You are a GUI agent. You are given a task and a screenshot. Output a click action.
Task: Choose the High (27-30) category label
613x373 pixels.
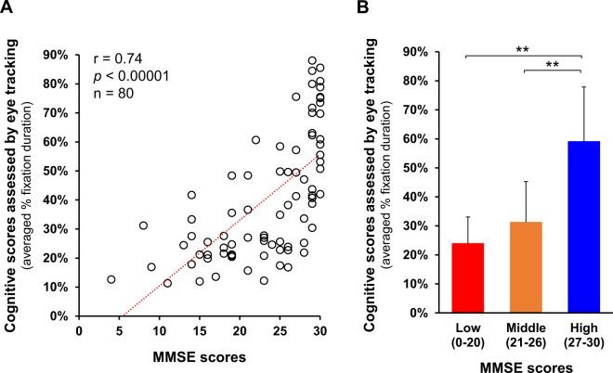581,337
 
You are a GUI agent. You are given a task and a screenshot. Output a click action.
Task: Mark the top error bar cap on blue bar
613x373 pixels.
581,86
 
